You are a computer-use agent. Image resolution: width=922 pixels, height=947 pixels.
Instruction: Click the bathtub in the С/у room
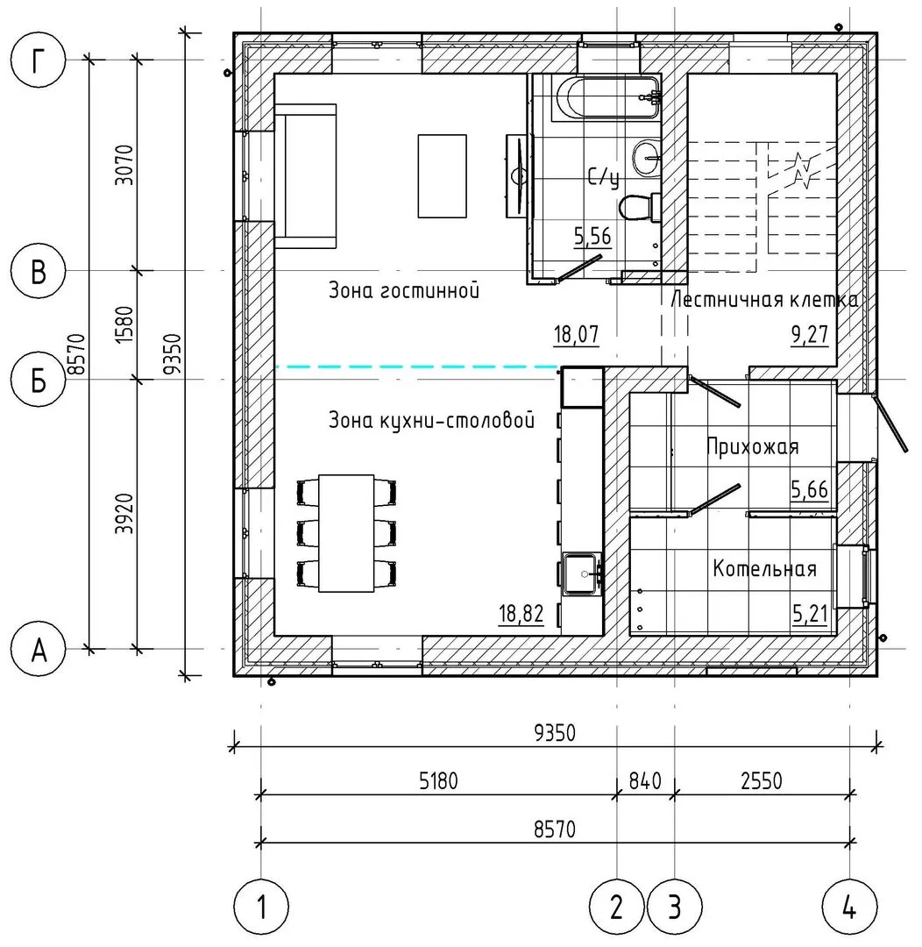tap(607, 97)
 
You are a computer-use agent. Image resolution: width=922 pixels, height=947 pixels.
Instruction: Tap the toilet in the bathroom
tap(639, 207)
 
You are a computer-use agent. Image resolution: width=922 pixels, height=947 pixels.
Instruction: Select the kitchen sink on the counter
tap(582, 573)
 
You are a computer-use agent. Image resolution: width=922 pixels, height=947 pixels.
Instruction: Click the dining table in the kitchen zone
tap(346, 533)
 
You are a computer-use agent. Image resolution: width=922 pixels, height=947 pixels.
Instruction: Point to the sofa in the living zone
tap(306, 175)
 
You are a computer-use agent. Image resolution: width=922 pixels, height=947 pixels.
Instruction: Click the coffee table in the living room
tap(442, 175)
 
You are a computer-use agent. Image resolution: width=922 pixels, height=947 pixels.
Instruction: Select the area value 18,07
tap(576, 334)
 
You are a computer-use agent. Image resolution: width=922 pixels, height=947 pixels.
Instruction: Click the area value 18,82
tap(521, 614)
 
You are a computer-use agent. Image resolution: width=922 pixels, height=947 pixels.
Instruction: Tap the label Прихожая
tap(752, 446)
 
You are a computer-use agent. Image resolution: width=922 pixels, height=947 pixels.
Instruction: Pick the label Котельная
tap(764, 568)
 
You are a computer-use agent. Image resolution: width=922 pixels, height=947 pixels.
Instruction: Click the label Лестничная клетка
tap(763, 300)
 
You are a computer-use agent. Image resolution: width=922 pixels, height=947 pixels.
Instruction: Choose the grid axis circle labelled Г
tap(38, 61)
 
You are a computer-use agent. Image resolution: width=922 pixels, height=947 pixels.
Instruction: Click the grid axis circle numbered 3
tap(675, 907)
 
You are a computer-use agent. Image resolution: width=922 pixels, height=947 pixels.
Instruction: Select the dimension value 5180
tap(438, 781)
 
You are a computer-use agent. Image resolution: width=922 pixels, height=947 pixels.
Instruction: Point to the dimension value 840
tap(645, 781)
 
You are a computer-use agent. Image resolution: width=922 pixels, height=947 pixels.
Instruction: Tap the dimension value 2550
tap(762, 781)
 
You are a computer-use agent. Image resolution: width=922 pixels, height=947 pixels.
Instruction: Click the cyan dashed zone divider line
tap(416, 367)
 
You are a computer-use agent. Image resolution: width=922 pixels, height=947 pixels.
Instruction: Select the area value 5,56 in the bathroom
tap(592, 236)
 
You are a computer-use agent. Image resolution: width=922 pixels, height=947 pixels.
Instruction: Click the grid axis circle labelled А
tap(38, 651)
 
